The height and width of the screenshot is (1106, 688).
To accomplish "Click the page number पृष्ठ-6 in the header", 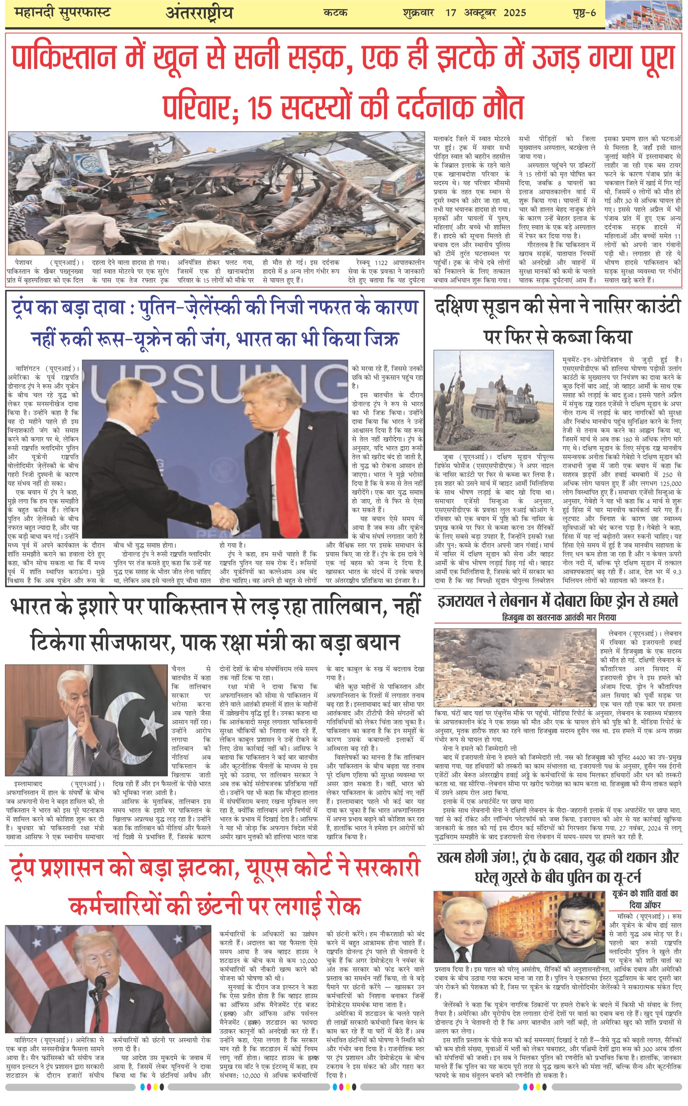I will (584, 13).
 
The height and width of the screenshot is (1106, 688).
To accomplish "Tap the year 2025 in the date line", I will (514, 13).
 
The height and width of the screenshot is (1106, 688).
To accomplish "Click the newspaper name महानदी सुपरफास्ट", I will (62, 13).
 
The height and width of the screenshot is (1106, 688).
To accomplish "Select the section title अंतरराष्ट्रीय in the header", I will (199, 13).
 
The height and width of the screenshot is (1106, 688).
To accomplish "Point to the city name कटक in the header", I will (335, 13).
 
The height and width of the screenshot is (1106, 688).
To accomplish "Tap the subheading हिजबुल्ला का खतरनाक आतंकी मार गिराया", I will (559, 617).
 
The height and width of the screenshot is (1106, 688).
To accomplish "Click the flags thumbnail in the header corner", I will (646, 15).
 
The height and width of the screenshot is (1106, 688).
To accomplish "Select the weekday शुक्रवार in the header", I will (418, 13).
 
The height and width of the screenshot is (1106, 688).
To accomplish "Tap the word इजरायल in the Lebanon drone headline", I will (461, 601).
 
